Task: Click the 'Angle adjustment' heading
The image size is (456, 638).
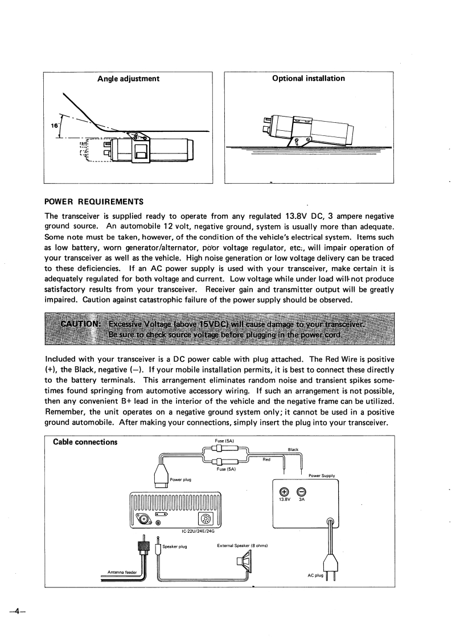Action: [128, 78]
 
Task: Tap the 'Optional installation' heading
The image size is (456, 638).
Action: [309, 78]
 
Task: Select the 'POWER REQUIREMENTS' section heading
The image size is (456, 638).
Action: [95, 202]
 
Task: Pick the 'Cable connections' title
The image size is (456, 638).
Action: [85, 442]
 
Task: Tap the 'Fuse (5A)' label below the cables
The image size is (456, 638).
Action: [224, 470]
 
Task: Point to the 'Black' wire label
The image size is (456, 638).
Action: [293, 450]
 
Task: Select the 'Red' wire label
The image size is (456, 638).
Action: [266, 459]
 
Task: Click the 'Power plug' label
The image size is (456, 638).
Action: [180, 479]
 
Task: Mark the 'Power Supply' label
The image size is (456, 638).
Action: [322, 475]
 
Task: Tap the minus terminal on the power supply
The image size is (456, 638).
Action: [302, 492]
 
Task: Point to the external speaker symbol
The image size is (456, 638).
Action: [249, 564]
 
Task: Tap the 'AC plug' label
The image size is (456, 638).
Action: [315, 575]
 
